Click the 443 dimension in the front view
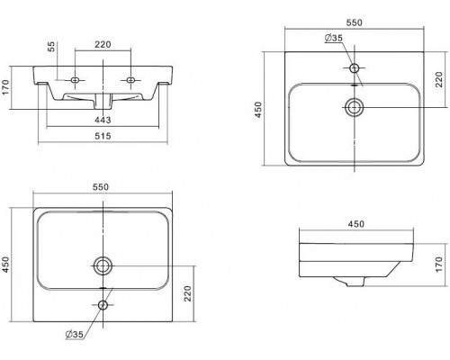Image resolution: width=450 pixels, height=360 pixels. [103, 120]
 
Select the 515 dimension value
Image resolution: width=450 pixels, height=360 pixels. [103, 136]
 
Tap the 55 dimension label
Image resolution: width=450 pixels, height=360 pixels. [51, 47]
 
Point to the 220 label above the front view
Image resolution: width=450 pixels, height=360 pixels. [103, 44]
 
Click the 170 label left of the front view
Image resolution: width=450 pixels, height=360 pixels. [5, 87]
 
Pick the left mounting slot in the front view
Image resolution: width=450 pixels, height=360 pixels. [75, 80]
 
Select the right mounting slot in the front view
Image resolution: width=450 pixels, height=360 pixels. [130, 80]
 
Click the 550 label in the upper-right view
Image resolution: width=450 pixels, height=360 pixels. [354, 22]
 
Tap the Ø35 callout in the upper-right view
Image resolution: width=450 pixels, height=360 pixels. [333, 38]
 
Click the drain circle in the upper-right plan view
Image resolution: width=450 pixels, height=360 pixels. [355, 107]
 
